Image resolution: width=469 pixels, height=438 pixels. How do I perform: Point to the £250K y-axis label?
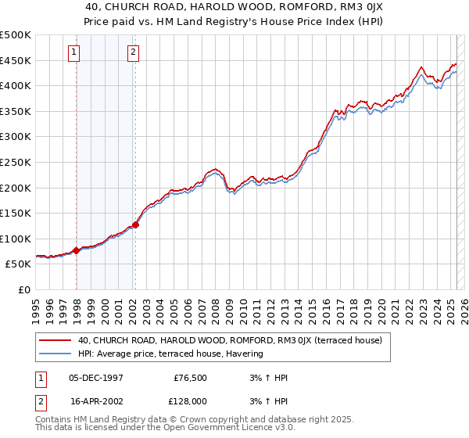coord(16,162)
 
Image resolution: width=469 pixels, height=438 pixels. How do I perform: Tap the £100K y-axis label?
coord(16,239)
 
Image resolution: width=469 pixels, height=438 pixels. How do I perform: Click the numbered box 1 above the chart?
coord(73,52)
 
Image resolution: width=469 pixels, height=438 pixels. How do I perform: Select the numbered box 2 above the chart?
coord(133,52)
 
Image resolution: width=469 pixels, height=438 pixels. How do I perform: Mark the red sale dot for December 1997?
coord(77,250)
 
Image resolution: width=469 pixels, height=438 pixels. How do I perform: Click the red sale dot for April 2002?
coord(136,224)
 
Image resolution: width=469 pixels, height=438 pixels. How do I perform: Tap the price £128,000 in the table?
coord(190,400)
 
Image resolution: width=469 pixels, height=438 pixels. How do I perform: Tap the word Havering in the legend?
coord(245,354)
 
